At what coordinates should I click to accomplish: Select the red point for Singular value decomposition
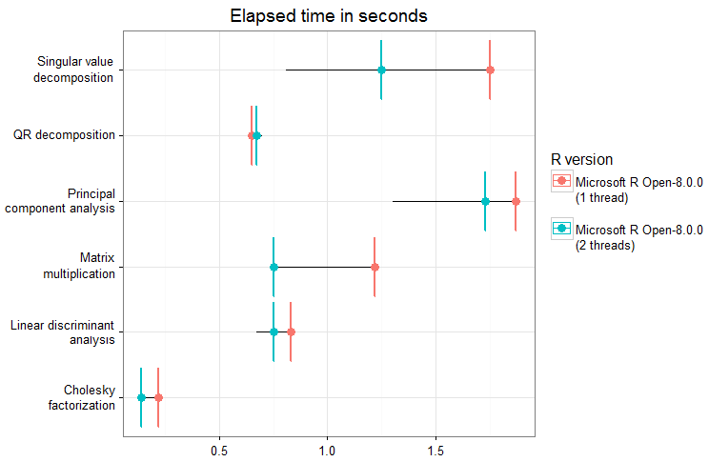coord(490,70)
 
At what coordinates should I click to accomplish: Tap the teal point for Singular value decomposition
coord(381,70)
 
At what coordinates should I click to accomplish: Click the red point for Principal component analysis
coord(516,201)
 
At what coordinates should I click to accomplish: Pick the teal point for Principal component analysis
coord(485,201)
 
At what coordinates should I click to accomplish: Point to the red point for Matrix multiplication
coord(375,267)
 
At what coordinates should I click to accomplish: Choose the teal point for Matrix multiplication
coord(273,267)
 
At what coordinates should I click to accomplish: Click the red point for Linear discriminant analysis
coord(291,331)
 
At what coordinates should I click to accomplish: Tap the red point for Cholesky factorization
coord(158,397)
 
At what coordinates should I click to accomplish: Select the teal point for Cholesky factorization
coord(141,397)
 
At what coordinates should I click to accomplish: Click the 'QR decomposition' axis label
coord(64,135)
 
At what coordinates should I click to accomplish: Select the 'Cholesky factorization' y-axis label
coord(81,397)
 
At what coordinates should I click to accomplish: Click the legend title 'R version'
coord(581,158)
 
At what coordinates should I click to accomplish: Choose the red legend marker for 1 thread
coord(561,180)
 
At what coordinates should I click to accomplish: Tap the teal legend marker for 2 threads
coord(561,229)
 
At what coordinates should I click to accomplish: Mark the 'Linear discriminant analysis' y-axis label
coord(63,331)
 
